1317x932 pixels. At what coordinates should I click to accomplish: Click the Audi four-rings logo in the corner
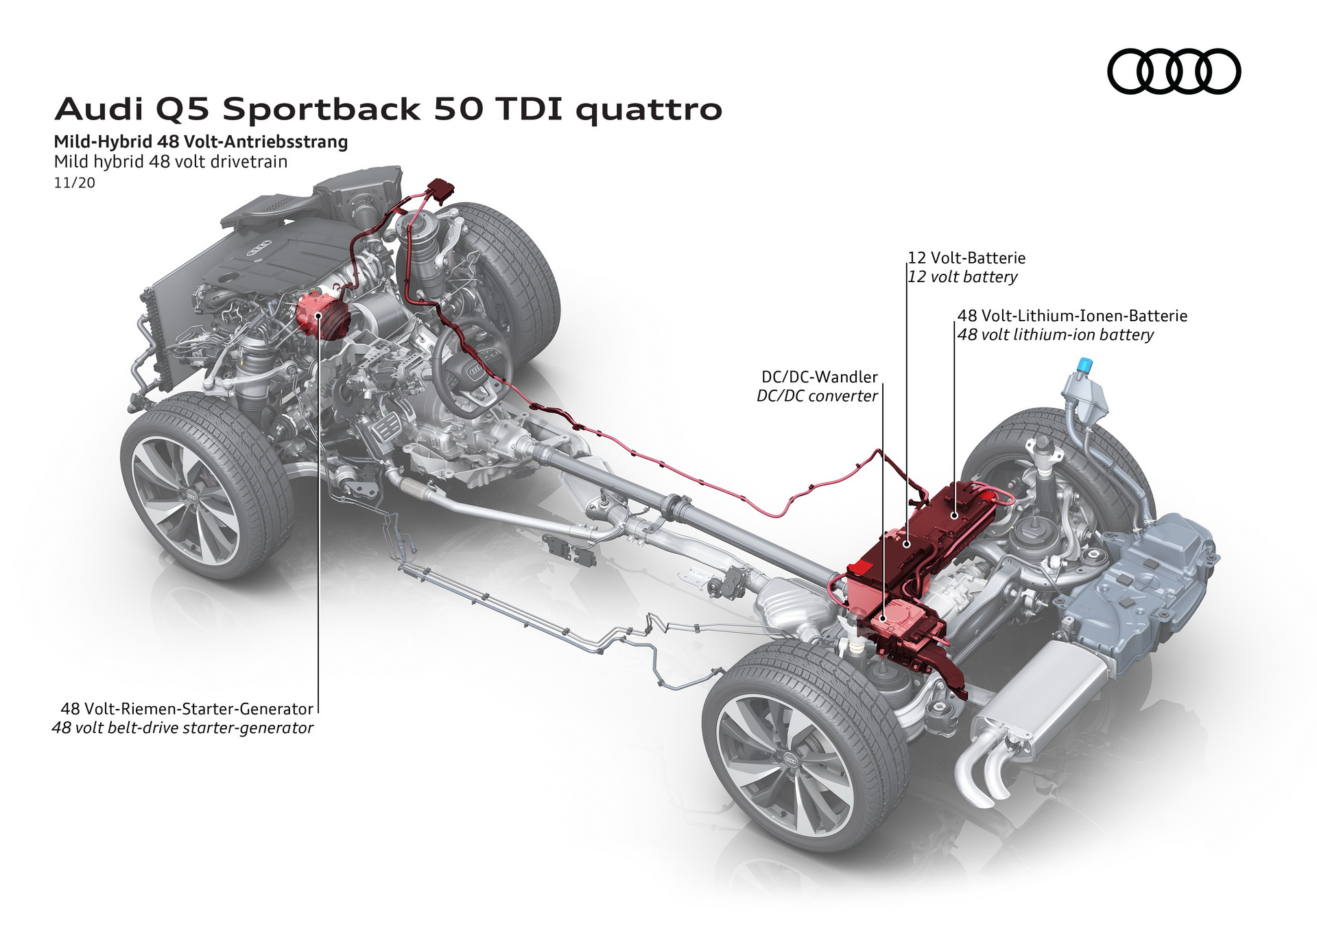pyautogui.click(x=1174, y=71)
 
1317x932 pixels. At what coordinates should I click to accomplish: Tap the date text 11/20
pyautogui.click(x=74, y=183)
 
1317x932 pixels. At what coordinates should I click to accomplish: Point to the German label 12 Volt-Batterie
pyautogui.click(x=966, y=258)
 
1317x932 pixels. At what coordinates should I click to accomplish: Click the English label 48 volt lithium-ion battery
pyautogui.click(x=1055, y=335)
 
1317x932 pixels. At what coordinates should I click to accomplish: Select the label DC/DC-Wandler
pyautogui.click(x=819, y=377)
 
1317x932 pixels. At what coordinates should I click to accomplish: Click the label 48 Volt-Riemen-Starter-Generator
pyautogui.click(x=187, y=708)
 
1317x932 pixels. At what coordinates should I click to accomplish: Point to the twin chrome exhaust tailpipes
pyautogui.click(x=981, y=776)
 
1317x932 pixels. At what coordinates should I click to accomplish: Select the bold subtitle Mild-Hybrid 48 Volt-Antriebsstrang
pyautogui.click(x=201, y=142)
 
